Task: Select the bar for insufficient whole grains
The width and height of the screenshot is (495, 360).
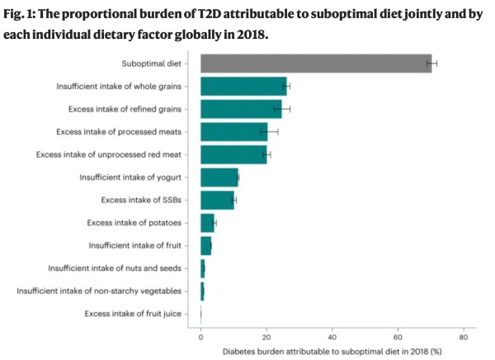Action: pyautogui.click(x=243, y=86)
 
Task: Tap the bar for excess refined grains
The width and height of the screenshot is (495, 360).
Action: pyautogui.click(x=241, y=108)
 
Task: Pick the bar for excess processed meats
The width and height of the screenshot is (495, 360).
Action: pyautogui.click(x=233, y=131)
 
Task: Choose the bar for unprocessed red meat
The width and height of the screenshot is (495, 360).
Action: pyautogui.click(x=233, y=154)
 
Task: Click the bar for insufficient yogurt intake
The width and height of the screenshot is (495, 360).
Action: pyautogui.click(x=219, y=177)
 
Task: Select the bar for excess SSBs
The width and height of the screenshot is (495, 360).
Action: pyautogui.click(x=217, y=200)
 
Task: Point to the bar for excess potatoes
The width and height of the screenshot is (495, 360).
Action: pyautogui.click(x=207, y=222)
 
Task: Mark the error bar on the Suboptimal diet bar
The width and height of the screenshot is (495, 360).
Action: pyautogui.click(x=431, y=64)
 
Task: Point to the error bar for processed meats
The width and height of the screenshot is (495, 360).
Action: pyautogui.click(x=269, y=131)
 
